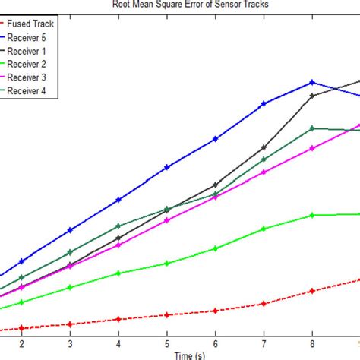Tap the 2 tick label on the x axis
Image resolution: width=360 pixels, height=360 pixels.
tap(21, 344)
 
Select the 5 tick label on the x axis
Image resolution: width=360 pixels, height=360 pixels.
tap(166, 344)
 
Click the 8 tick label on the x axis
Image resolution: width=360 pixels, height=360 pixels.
tap(312, 344)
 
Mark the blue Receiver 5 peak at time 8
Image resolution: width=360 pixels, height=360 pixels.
tap(312, 82)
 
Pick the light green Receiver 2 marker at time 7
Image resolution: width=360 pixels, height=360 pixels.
tap(264, 228)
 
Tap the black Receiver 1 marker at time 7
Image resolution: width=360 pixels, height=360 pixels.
tap(264, 147)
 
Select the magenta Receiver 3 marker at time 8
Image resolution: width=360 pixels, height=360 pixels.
tap(312, 149)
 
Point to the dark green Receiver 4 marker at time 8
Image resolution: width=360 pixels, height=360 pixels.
tap(312, 128)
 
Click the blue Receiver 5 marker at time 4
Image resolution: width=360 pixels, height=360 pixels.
tap(118, 200)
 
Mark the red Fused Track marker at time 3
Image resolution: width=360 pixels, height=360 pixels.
tap(70, 324)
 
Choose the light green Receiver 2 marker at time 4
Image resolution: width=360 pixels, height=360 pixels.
tap(118, 273)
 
